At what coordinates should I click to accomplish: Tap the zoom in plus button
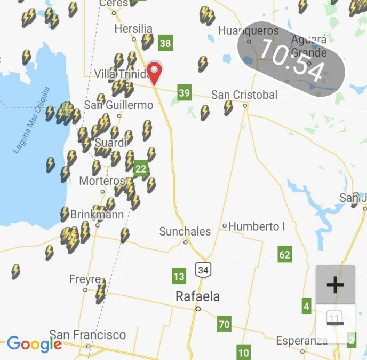click(x=335, y=285)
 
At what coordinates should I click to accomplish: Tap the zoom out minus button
click(x=335, y=323)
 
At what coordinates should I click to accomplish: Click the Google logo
click(x=34, y=345)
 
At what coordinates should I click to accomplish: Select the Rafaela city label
click(x=197, y=297)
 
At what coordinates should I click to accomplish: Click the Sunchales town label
click(x=185, y=232)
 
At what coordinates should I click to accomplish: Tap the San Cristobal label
click(x=244, y=95)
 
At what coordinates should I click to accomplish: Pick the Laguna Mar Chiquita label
click(x=31, y=120)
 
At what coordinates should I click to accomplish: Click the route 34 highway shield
click(x=203, y=270)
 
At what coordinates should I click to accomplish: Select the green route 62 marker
click(x=285, y=254)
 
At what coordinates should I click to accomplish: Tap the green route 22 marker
click(x=141, y=169)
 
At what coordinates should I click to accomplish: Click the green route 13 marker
click(x=179, y=277)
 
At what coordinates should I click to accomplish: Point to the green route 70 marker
click(x=224, y=324)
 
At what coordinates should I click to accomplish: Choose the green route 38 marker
click(x=165, y=43)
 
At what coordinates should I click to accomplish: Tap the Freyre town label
click(x=85, y=279)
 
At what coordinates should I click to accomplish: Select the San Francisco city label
click(x=87, y=335)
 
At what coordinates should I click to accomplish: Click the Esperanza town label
click(x=301, y=341)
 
